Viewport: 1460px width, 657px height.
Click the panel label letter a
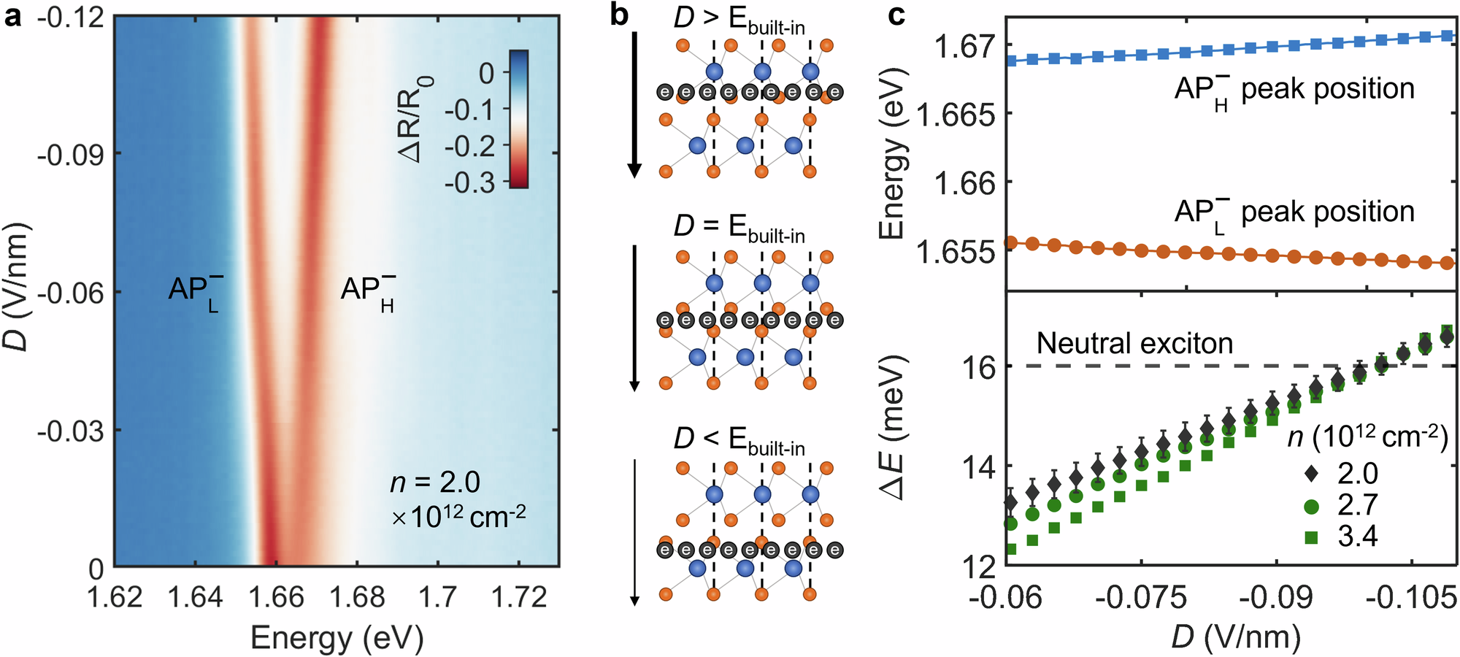pyautogui.click(x=12, y=16)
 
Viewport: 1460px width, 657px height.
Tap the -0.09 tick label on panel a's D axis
pyautogui.click(x=70, y=154)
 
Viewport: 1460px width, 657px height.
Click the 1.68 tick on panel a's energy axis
pyautogui.click(x=356, y=597)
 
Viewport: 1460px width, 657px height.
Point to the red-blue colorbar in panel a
pyautogui.click(x=518, y=119)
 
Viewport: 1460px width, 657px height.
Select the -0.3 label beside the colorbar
pyautogui.click(x=469, y=182)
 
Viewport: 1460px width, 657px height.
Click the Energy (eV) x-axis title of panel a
pyautogui.click(x=337, y=638)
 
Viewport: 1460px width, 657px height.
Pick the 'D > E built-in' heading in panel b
pyautogui.click(x=738, y=19)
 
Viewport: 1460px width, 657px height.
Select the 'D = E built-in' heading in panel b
pyautogui.click(x=738, y=228)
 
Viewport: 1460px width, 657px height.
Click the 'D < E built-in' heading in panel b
pyautogui.click(x=738, y=440)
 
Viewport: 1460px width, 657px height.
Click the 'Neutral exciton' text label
pyautogui.click(x=1134, y=343)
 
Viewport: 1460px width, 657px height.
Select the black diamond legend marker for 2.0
pyautogui.click(x=1311, y=474)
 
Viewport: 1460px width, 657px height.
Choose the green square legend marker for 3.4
pyautogui.click(x=1311, y=537)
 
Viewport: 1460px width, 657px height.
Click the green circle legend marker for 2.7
pyautogui.click(x=1311, y=505)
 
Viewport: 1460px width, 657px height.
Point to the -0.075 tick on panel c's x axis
pyautogui.click(x=1141, y=597)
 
